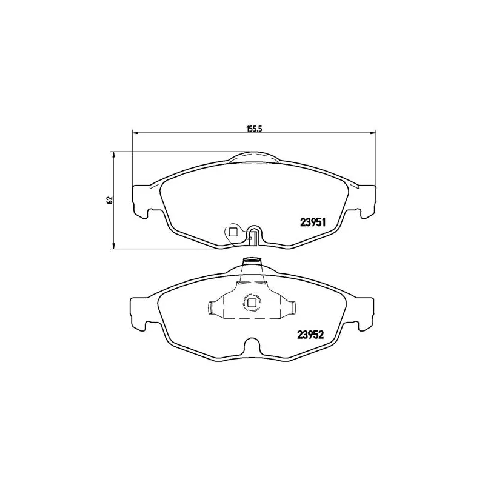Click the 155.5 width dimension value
coord(254,129)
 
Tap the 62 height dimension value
coord(109,200)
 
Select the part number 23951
coord(313,222)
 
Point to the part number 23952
coord(310,335)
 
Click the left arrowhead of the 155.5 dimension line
coord(135,133)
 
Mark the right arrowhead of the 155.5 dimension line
coord(373,133)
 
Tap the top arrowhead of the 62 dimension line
coord(114,154)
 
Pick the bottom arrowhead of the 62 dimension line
coord(114,246)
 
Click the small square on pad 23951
coord(232,231)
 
